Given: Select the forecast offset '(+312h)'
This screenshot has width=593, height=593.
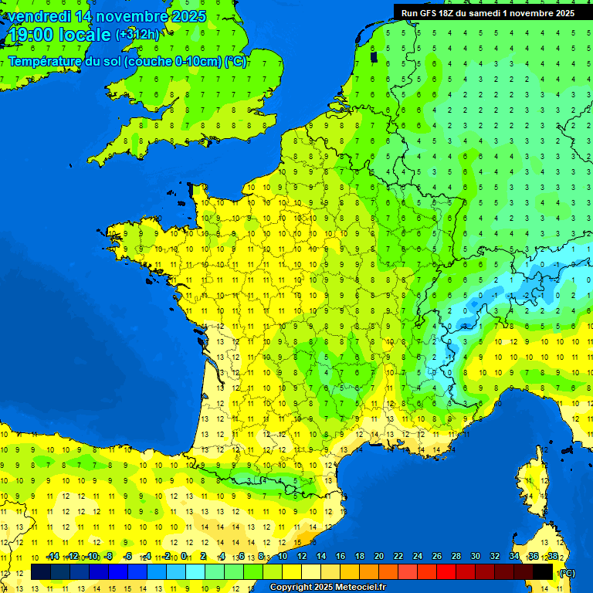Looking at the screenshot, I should point(137,34).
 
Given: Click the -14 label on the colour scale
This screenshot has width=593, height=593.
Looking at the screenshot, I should point(53,557).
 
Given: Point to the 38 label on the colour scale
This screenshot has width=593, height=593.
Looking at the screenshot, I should point(553,557).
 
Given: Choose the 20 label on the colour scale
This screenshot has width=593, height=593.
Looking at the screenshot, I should point(379,557).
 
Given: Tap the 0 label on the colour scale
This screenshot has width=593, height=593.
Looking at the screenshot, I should point(185,557).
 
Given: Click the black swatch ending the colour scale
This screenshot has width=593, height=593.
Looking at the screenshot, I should point(544,571).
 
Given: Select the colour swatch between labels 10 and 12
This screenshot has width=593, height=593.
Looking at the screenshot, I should point(292,571).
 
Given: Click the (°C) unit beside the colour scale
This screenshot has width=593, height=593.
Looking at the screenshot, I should point(567,572).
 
